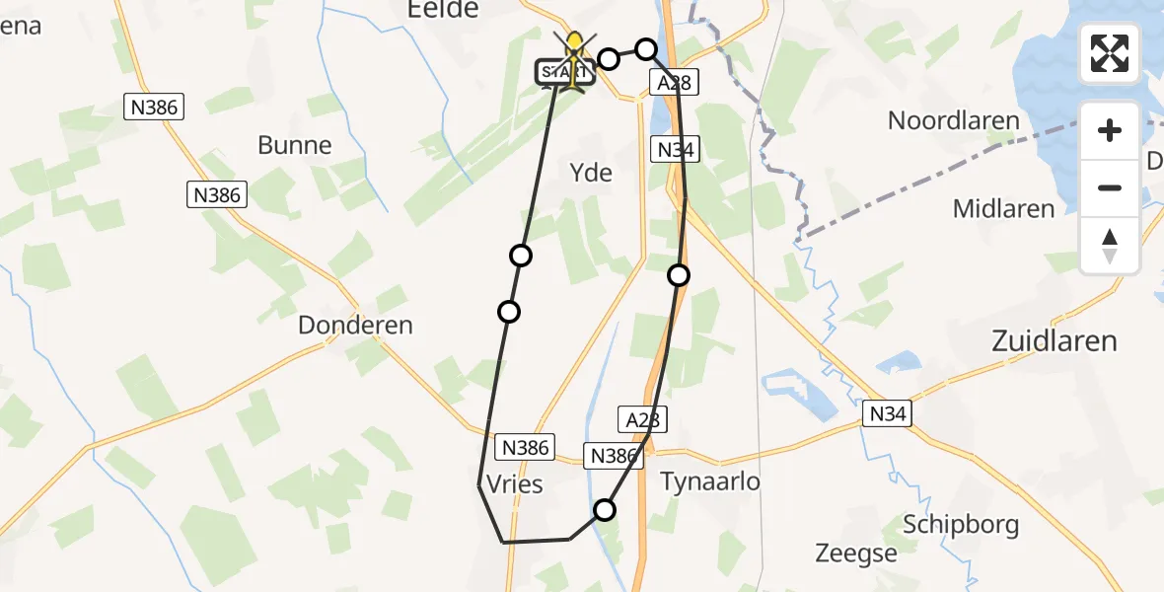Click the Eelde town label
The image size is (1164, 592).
click(x=443, y=9)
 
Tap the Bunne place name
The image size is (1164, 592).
click(x=294, y=145)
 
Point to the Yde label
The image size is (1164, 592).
click(x=591, y=174)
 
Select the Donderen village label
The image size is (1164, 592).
click(x=355, y=325)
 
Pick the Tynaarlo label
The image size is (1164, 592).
click(x=710, y=481)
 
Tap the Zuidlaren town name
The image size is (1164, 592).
click(x=1054, y=341)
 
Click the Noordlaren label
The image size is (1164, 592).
click(x=953, y=121)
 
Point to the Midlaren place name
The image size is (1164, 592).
click(x=1003, y=208)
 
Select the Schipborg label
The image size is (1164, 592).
click(x=962, y=524)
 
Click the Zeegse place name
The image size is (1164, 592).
click(x=856, y=553)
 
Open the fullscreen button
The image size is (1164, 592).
click(x=1110, y=53)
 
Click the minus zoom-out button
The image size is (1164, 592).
click(x=1110, y=187)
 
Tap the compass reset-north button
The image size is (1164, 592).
click(x=1110, y=245)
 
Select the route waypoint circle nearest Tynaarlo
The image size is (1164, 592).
click(x=604, y=510)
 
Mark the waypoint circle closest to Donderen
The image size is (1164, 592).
click(x=509, y=312)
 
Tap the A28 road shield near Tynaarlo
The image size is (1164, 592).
click(x=643, y=418)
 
